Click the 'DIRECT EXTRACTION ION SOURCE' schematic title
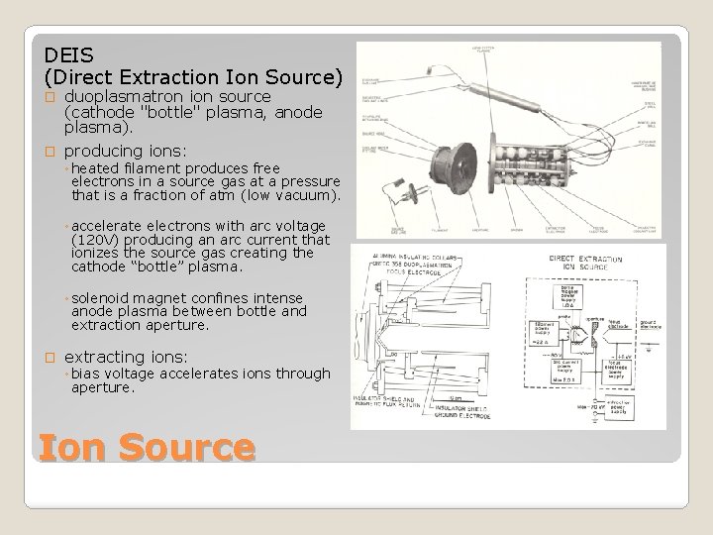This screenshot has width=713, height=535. pos(583,266)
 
